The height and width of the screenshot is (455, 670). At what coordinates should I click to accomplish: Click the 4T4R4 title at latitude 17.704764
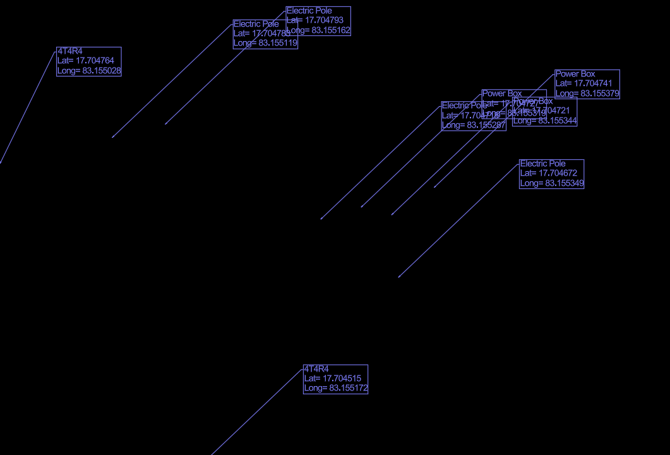(70, 51)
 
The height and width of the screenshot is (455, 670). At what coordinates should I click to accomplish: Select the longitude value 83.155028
(102, 71)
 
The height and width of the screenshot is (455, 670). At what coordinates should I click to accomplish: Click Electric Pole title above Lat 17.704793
(309, 11)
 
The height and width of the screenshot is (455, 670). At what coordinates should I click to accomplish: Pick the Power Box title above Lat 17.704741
(575, 74)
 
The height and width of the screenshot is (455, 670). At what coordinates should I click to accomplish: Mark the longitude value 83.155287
(486, 125)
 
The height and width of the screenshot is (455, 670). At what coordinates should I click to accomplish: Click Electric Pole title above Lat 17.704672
(543, 164)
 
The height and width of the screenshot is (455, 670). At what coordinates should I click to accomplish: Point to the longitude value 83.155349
(565, 183)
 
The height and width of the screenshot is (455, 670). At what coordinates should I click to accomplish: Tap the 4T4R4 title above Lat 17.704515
(316, 368)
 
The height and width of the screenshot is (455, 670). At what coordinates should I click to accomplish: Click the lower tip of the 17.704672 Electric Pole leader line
(398, 277)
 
